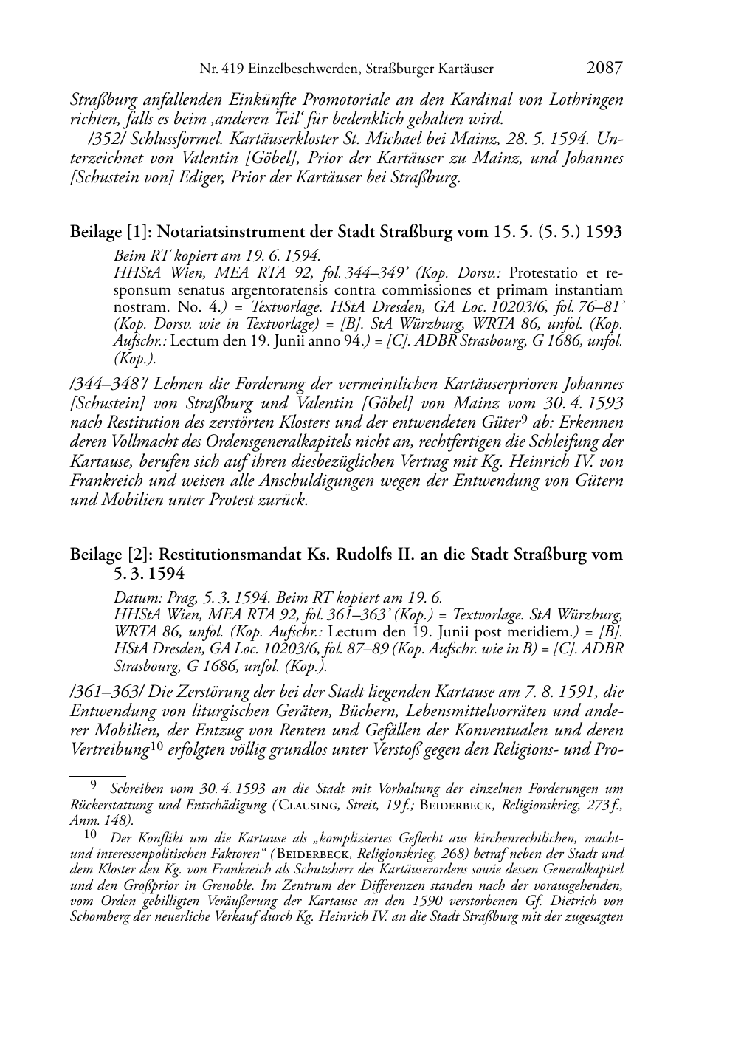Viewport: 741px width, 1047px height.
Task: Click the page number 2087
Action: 605,68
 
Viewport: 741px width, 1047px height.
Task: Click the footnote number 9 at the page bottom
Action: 93,787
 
